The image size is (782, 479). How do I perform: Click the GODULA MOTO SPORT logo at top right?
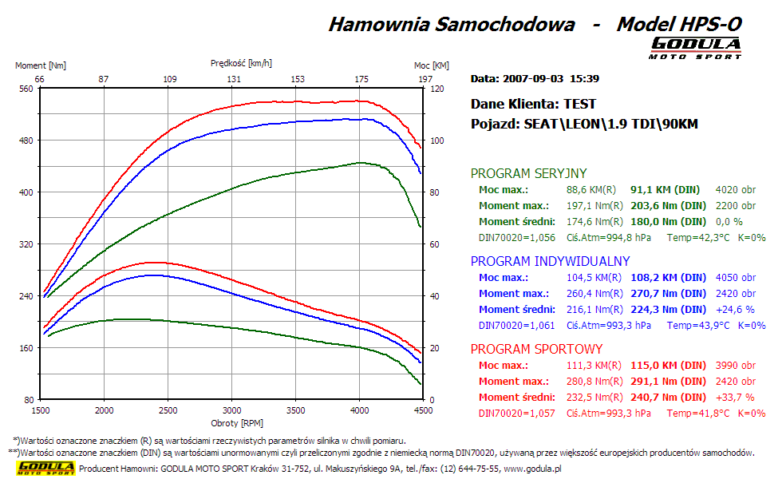click(695, 47)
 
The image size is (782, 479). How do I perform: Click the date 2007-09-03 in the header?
click(532, 78)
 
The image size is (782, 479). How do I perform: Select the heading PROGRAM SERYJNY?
click(528, 173)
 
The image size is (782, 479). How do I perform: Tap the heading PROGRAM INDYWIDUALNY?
click(550, 261)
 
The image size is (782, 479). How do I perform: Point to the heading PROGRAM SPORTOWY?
click(536, 349)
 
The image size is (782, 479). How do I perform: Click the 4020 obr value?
click(736, 190)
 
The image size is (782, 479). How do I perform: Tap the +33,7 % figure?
click(735, 398)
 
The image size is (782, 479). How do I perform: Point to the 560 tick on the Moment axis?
click(26, 89)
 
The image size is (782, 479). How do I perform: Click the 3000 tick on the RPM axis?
click(231, 410)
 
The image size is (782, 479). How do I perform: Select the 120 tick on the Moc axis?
click(436, 89)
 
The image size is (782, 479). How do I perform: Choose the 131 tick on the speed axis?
click(233, 79)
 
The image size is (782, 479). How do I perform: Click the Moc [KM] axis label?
click(431, 65)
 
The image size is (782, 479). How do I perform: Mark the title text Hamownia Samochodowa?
click(452, 24)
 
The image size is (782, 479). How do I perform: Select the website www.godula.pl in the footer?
click(531, 469)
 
